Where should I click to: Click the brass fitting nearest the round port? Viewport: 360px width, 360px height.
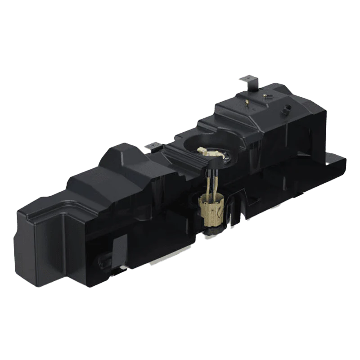point(271,96)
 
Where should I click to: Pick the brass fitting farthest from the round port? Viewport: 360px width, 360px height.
point(247,103)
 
